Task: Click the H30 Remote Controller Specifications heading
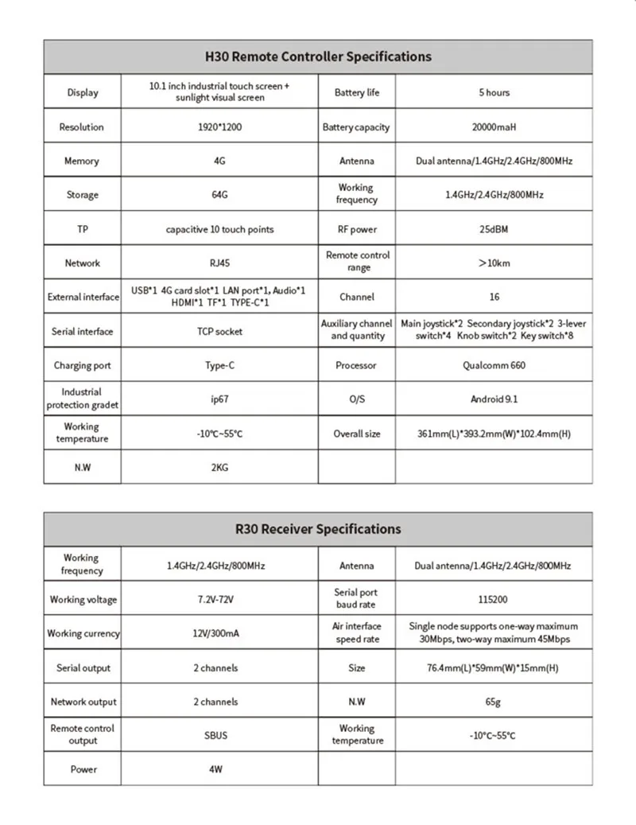(x=318, y=56)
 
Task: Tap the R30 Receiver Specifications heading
(x=318, y=529)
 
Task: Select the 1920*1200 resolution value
(x=219, y=127)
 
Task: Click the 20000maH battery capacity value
(x=494, y=127)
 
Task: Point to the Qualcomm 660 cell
(x=494, y=366)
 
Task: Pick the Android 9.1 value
(x=494, y=399)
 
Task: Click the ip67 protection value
(x=219, y=399)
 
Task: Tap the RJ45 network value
(x=219, y=263)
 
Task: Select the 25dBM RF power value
(x=494, y=230)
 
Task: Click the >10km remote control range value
(x=494, y=263)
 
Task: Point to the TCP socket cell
(x=219, y=332)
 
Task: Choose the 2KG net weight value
(x=219, y=468)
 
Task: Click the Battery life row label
(x=357, y=93)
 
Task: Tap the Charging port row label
(x=83, y=366)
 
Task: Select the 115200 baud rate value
(x=494, y=600)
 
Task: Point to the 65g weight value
(x=494, y=702)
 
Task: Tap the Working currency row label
(x=83, y=634)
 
